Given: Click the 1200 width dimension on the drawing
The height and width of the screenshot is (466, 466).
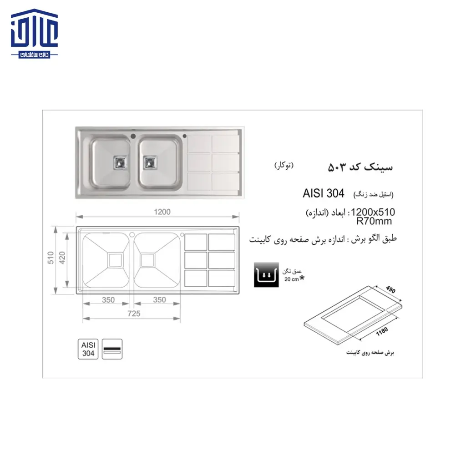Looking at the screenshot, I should [162, 212].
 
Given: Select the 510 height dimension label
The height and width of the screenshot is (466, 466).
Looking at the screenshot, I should [51, 258].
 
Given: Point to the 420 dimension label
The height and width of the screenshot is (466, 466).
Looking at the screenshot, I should [64, 258].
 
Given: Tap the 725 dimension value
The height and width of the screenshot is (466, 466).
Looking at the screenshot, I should [134, 313].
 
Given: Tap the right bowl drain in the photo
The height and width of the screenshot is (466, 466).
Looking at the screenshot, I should [149, 162].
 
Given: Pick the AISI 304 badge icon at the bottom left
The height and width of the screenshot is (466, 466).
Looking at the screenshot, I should [88, 349].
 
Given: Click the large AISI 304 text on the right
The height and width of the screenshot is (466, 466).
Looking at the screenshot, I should [323, 193].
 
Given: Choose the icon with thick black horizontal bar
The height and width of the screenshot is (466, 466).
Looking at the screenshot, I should [112, 349].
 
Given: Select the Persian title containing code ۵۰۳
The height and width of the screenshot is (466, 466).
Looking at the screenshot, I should [360, 167].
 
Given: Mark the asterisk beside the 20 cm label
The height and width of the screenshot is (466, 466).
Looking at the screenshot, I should [302, 278].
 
